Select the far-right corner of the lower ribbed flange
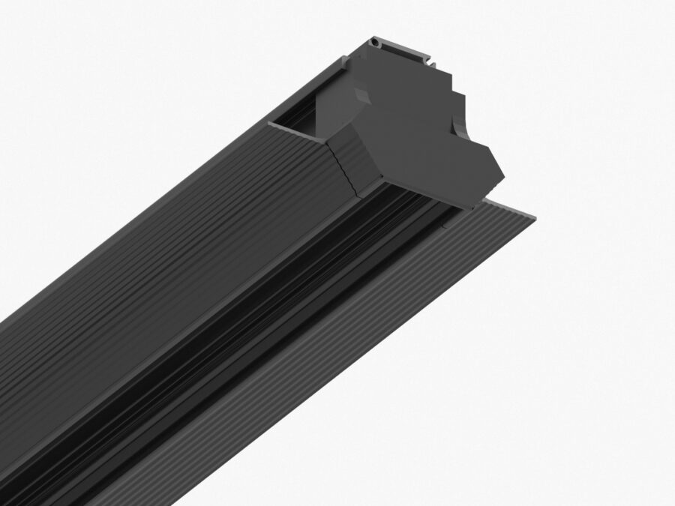[x=535, y=217]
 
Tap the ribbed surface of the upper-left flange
[x=187, y=247]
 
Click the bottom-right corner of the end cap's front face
[x=472, y=205]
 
